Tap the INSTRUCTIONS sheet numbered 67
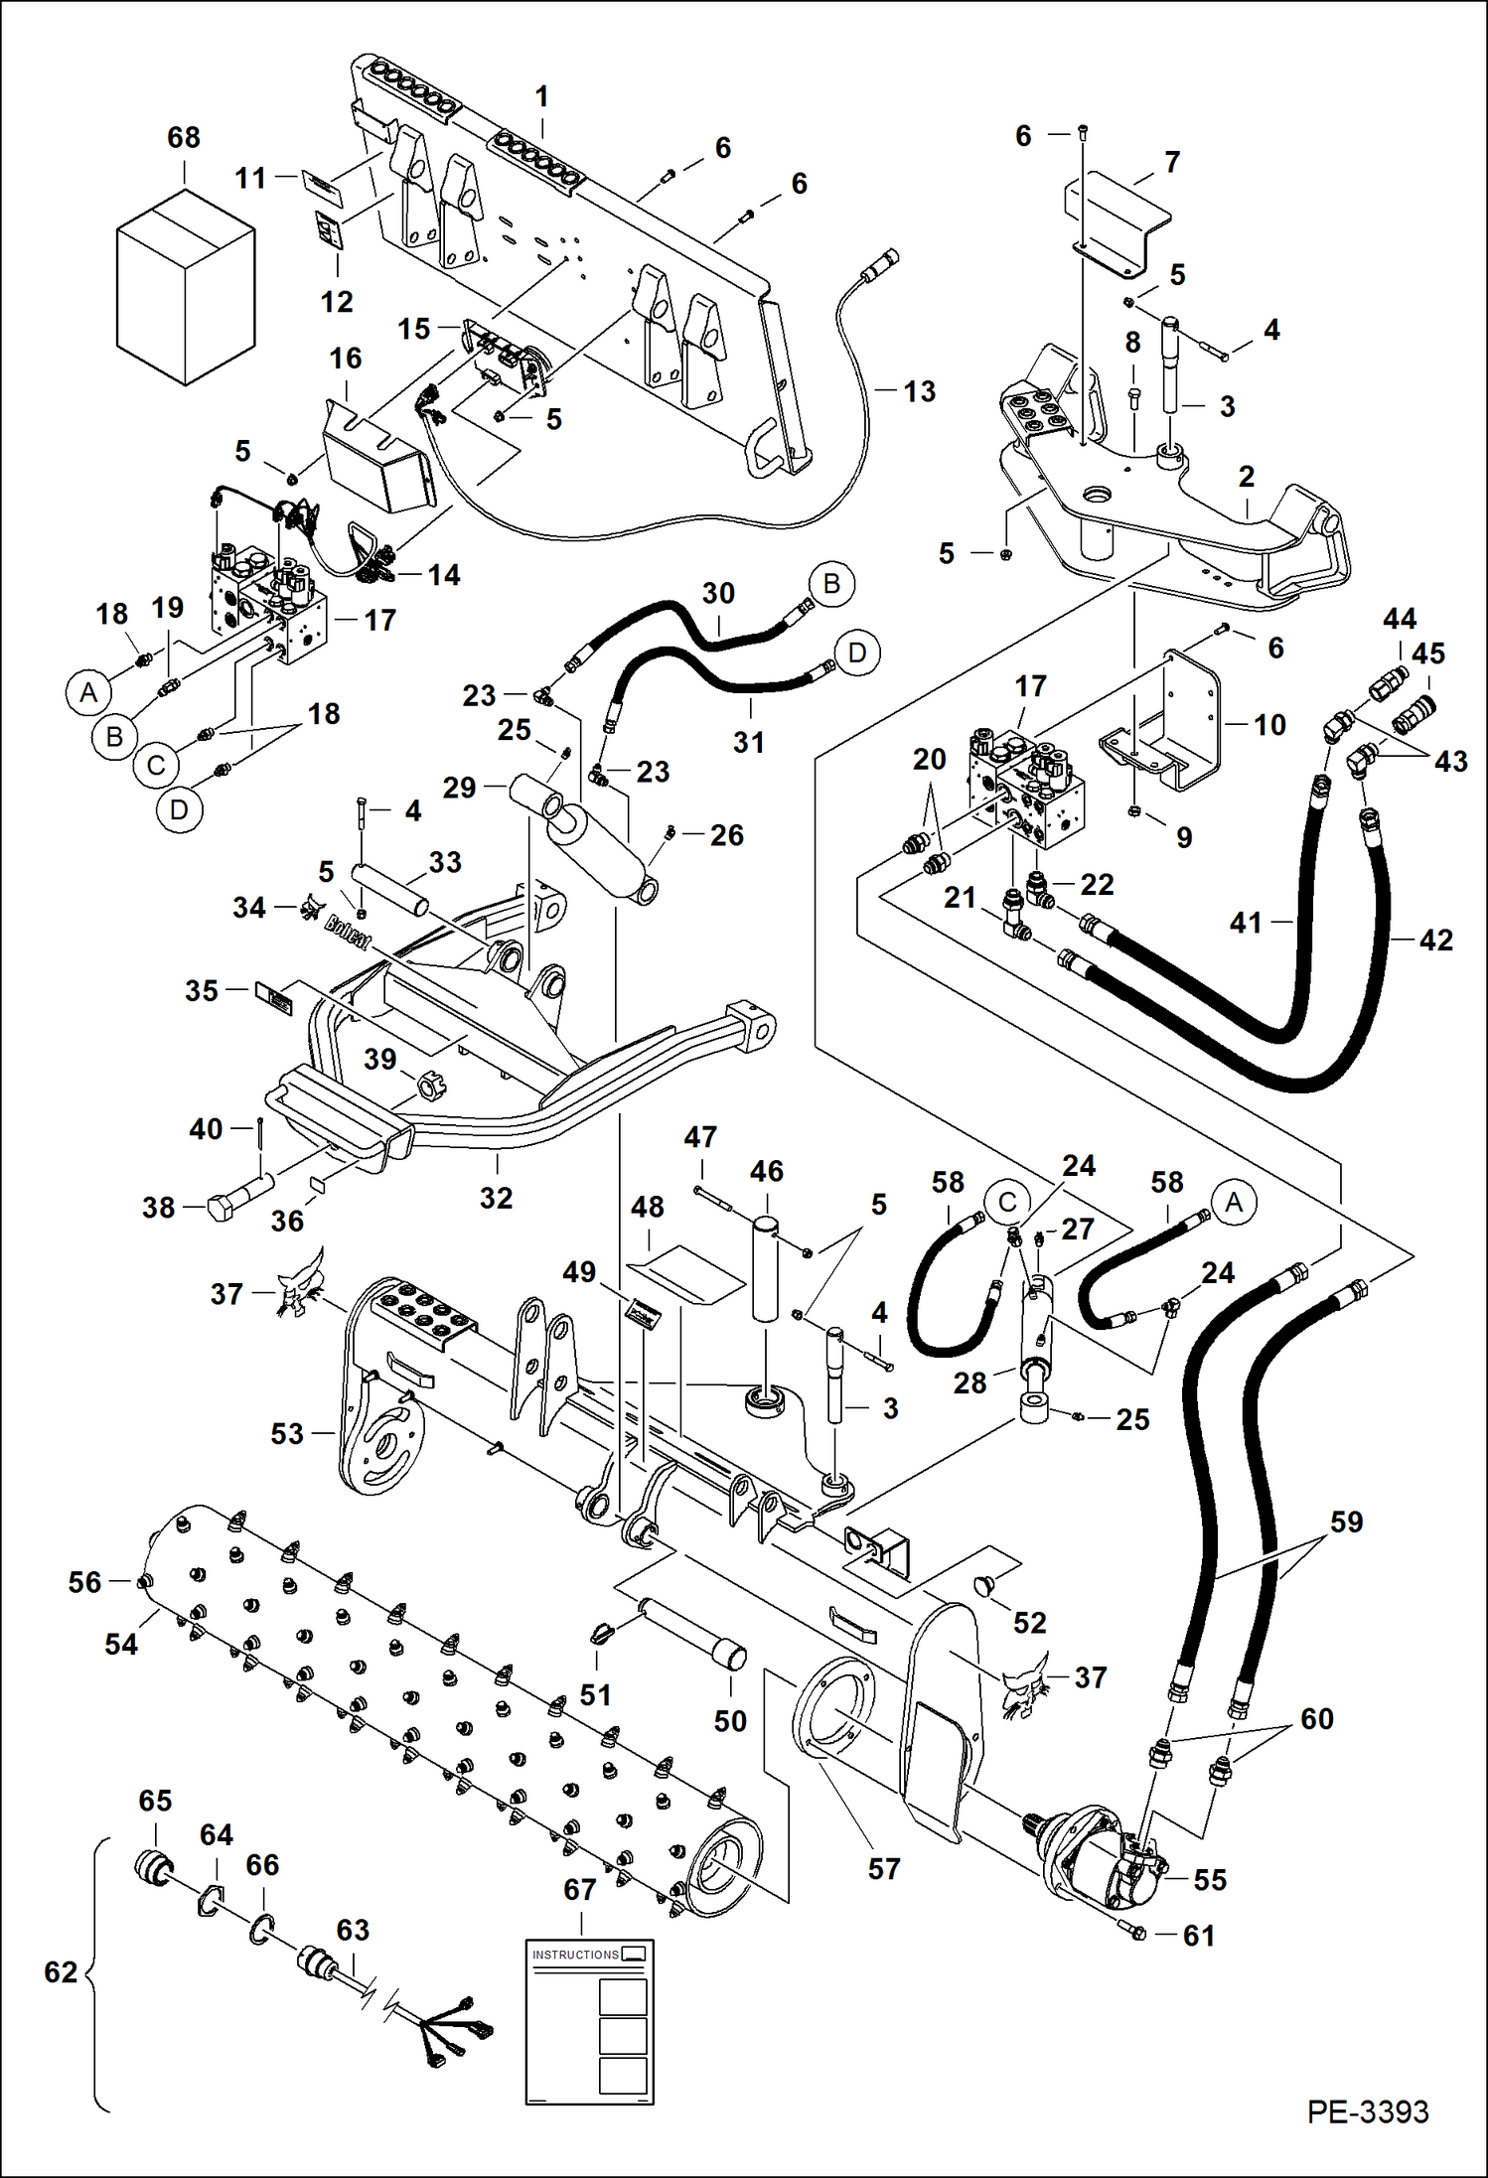[589, 2021]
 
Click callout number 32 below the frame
[496, 1198]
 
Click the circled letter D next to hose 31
[856, 653]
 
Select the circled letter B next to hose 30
[831, 584]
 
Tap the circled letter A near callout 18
[89, 692]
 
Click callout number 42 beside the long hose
[1435, 940]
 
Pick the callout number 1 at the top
[541, 96]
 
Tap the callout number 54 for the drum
[121, 1644]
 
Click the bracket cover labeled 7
[1117, 218]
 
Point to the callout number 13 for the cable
[919, 391]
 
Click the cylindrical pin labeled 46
[765, 1266]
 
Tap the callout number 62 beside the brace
[61, 1971]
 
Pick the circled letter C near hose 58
[1007, 1202]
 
